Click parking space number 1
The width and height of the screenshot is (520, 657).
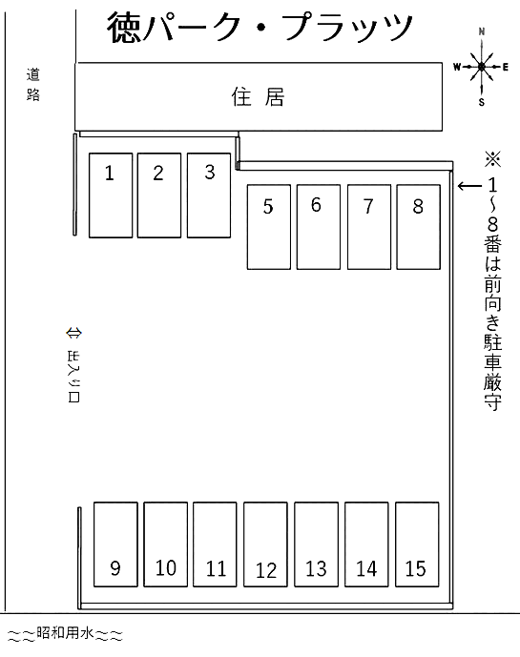(111, 195)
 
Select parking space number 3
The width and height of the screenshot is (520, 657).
(209, 195)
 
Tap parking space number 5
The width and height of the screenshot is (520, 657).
(269, 227)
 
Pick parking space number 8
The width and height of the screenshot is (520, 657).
(419, 227)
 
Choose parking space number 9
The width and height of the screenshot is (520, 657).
(115, 544)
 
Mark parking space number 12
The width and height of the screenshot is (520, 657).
(265, 544)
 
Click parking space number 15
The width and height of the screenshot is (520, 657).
(417, 544)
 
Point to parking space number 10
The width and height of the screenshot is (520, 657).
(166, 544)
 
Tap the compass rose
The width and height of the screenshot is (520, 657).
(482, 67)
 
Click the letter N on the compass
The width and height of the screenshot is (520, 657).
(482, 31)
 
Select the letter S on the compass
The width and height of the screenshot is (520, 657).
(482, 102)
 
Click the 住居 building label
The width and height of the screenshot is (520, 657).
(259, 97)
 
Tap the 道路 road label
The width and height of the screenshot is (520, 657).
(33, 85)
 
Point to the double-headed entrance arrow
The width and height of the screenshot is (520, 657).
(73, 333)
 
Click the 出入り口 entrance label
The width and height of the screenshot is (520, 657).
(73, 377)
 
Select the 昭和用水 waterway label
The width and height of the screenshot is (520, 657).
(66, 633)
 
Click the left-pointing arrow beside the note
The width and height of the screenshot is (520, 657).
(469, 186)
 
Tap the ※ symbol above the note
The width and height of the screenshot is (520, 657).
(492, 159)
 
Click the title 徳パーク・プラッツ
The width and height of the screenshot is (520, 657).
(260, 28)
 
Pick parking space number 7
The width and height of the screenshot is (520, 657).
(369, 227)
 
